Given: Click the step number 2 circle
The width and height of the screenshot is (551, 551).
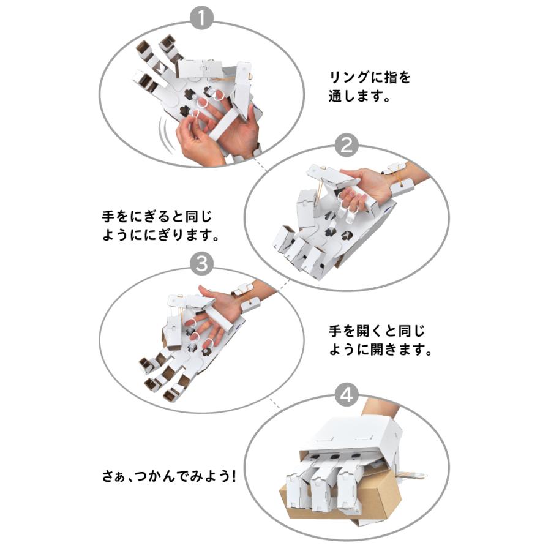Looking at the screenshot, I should click(347, 146).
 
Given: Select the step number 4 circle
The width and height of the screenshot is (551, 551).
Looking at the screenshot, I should click(347, 394).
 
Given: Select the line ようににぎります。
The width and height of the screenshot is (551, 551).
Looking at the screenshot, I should click(161, 235).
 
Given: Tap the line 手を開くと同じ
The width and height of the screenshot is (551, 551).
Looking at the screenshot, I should click(376, 332).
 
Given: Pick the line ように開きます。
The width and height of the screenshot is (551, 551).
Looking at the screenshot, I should click(381, 351).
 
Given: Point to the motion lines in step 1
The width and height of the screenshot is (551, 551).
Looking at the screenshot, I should click(164, 130).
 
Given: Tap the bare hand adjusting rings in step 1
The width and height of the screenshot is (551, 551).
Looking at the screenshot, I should click(196, 140).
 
